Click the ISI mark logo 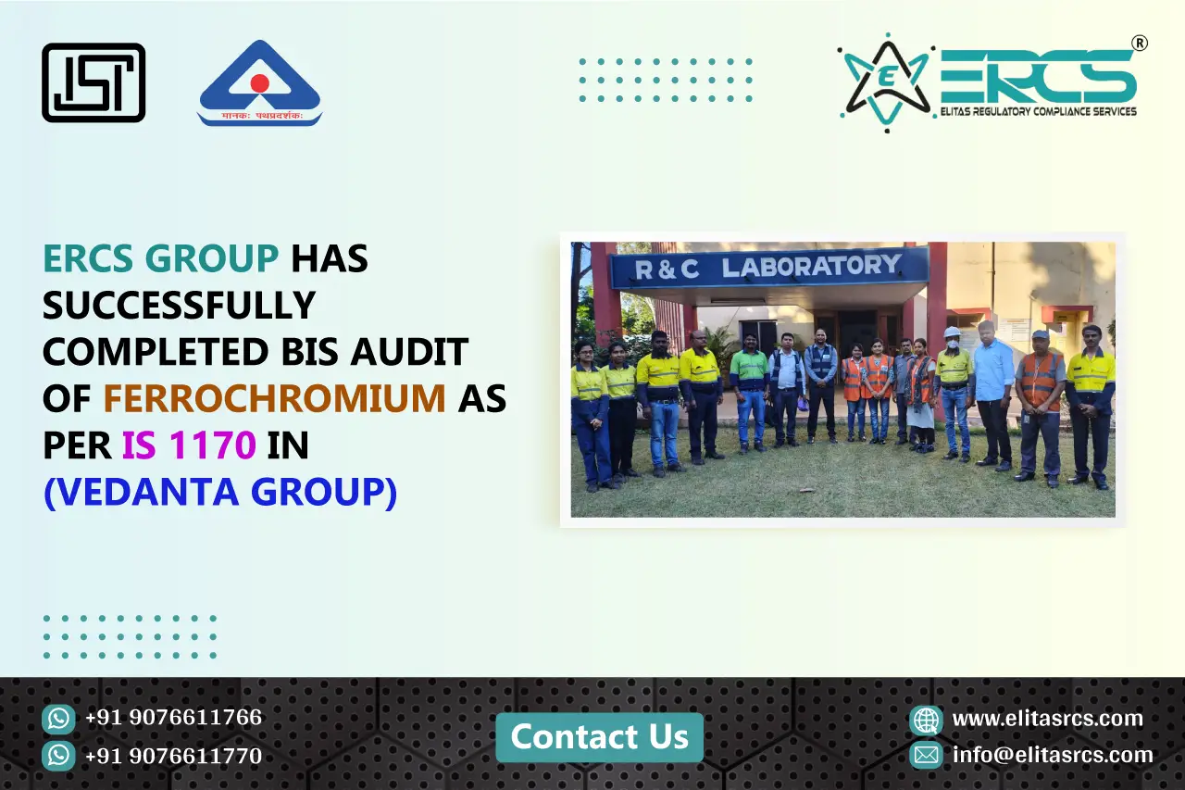click(x=94, y=82)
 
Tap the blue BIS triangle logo click(x=259, y=83)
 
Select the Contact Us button click(x=599, y=737)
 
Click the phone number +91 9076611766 click(x=173, y=718)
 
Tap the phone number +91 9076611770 click(x=173, y=756)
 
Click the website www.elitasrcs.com click(x=1047, y=719)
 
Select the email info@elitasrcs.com click(x=1053, y=755)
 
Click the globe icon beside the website click(x=926, y=720)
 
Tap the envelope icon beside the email click(x=926, y=755)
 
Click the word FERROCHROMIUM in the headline click(x=274, y=398)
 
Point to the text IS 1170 click(x=189, y=445)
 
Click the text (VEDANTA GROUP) click(x=220, y=492)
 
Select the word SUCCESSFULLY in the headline click(x=180, y=305)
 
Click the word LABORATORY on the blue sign click(x=811, y=268)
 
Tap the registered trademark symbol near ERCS click(x=1141, y=44)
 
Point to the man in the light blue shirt click(x=992, y=389)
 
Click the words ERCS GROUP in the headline click(x=160, y=259)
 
